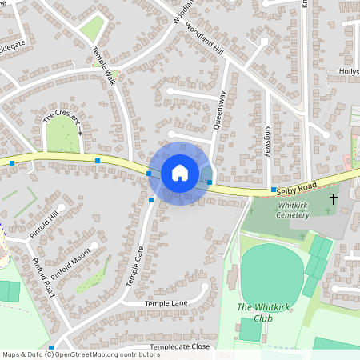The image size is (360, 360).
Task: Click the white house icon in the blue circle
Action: pyautogui.click(x=179, y=173)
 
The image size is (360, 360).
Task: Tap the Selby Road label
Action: pyautogui.click(x=297, y=187)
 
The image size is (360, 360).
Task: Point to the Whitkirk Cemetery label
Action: pyautogui.click(x=298, y=210)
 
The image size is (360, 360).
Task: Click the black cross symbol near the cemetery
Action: pyautogui.click(x=333, y=198)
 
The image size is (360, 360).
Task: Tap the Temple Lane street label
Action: pyautogui.click(x=166, y=304)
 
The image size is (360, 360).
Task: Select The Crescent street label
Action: pyautogui.click(x=61, y=117)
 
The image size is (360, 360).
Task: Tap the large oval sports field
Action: pyautogui.click(x=271, y=272)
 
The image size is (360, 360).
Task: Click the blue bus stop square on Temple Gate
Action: pyautogui.click(x=150, y=200)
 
